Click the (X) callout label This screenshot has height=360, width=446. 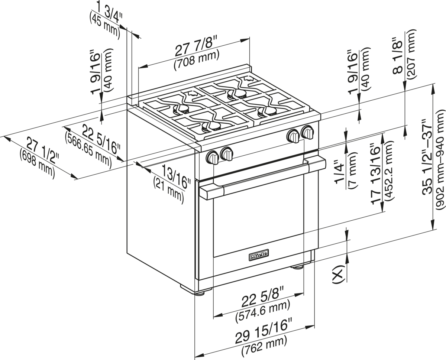338,273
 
